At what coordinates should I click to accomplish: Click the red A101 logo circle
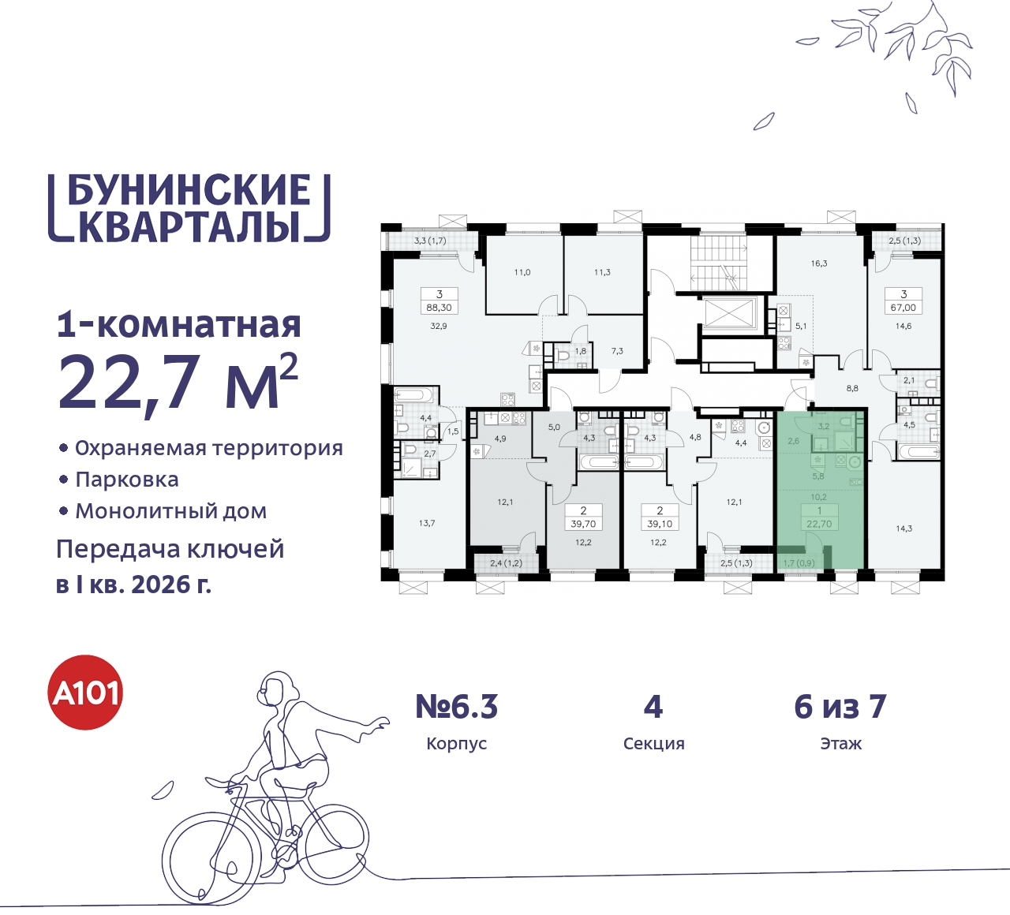[x=86, y=693]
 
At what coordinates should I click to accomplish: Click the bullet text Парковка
[x=127, y=480]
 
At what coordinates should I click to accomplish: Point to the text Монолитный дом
[x=171, y=511]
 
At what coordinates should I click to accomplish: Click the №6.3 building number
[x=457, y=707]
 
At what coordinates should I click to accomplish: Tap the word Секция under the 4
[x=653, y=744]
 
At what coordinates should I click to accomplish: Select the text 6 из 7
[x=840, y=707]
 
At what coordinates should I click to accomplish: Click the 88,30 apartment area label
[x=440, y=308]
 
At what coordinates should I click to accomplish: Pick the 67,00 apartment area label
[x=903, y=308]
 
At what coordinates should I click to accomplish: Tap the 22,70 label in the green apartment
[x=819, y=524]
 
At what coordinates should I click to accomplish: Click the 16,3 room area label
[x=819, y=263]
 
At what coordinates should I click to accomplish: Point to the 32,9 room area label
[x=439, y=326]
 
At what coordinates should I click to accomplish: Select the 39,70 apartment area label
[x=583, y=524]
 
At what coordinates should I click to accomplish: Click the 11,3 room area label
[x=602, y=272]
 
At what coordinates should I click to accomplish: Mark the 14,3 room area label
[x=903, y=528]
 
